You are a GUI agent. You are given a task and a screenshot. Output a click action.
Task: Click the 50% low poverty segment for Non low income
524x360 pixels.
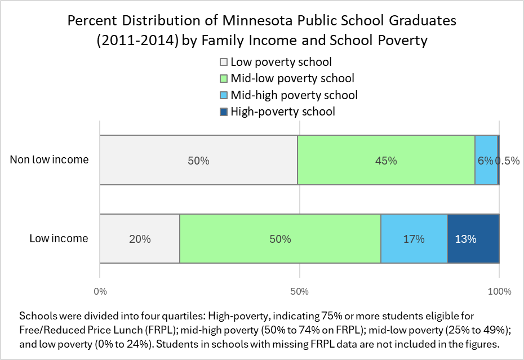(198, 160)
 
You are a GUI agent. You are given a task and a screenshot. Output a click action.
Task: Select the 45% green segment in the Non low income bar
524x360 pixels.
(386, 160)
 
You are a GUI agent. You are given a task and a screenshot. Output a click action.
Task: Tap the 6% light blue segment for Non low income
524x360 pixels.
(486, 160)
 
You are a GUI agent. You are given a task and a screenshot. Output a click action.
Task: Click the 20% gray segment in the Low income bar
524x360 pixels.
(140, 238)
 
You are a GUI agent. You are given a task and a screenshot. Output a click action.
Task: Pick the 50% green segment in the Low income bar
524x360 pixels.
(280, 238)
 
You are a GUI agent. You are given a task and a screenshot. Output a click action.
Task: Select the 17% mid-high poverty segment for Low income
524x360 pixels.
(414, 238)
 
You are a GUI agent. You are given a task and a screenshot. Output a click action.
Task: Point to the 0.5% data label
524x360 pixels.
(507, 161)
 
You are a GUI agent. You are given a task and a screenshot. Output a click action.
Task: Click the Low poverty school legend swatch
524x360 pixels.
(223, 62)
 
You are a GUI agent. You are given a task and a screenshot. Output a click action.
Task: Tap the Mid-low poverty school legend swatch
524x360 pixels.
(223, 78)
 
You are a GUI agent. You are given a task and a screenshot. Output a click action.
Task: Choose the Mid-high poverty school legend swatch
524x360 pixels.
(223, 95)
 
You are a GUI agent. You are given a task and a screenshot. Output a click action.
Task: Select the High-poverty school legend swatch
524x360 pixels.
(223, 112)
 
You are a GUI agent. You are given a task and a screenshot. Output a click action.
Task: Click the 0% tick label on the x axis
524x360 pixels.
(100, 291)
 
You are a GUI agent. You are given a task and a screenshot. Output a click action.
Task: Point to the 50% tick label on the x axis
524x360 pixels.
(299, 291)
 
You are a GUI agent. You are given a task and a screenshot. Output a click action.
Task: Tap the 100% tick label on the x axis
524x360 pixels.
(499, 291)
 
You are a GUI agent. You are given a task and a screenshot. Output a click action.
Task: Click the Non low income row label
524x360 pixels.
(50, 159)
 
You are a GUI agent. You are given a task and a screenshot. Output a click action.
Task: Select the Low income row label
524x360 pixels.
(59, 238)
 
